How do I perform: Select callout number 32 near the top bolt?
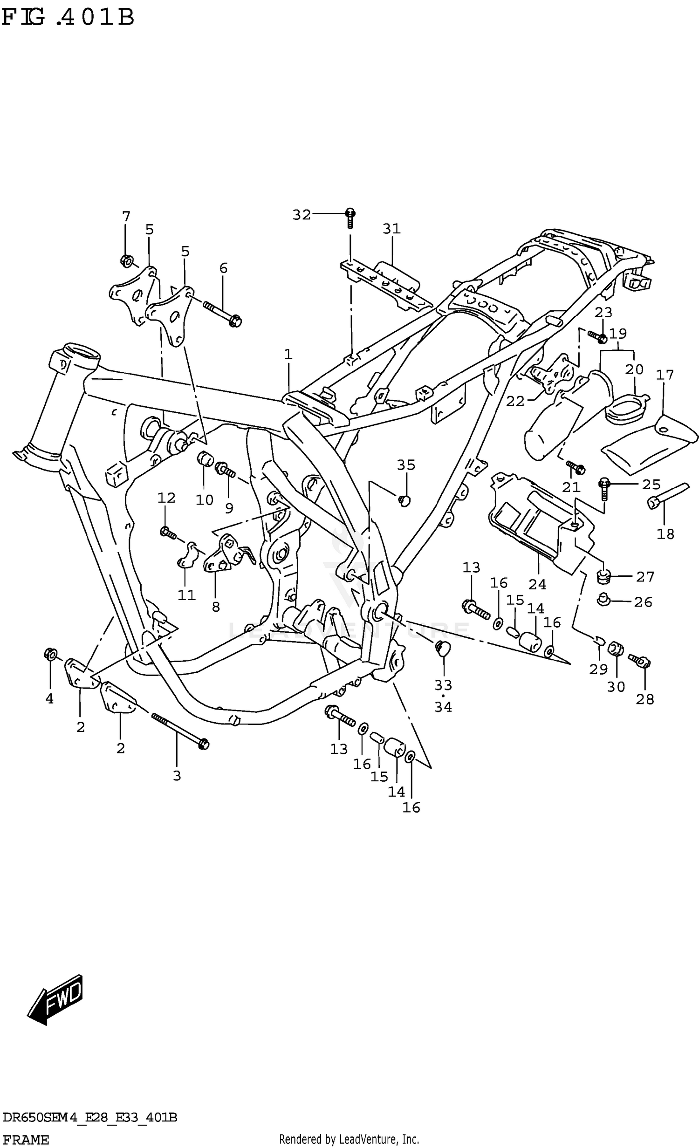301,215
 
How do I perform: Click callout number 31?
391,229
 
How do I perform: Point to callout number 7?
126,217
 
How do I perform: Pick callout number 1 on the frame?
288,355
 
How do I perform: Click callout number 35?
406,465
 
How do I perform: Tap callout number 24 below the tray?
537,584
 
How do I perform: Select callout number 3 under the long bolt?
177,776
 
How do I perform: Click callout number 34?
443,707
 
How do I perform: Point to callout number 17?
665,375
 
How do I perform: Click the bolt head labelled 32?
350,214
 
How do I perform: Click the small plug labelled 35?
404,501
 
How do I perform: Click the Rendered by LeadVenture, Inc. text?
349,1139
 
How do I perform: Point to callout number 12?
166,498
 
